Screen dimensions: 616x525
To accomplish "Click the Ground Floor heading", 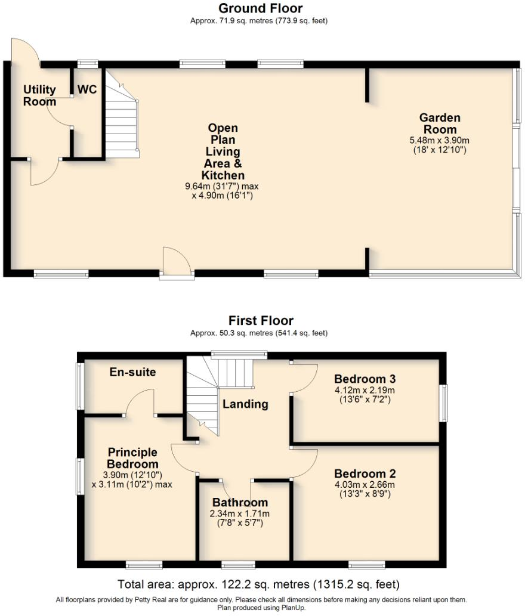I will pos(260,8).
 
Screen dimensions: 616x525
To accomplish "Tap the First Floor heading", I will pos(261,321).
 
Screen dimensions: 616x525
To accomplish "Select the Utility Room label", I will pos(39,95).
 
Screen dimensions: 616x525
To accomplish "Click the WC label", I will pos(87,89).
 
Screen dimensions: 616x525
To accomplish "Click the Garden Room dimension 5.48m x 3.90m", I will pos(440,140).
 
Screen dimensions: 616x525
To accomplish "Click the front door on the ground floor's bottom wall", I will pos(177,265).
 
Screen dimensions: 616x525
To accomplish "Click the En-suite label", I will pos(132,372).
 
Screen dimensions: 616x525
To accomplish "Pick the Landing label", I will pos(245,404).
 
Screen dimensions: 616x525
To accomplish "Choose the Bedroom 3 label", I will pos(365,379).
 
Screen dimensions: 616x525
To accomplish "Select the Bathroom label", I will pos(240,502).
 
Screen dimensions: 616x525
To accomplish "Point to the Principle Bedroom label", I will pos(132,458).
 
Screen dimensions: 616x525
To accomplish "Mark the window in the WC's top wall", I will pos(88,63).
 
